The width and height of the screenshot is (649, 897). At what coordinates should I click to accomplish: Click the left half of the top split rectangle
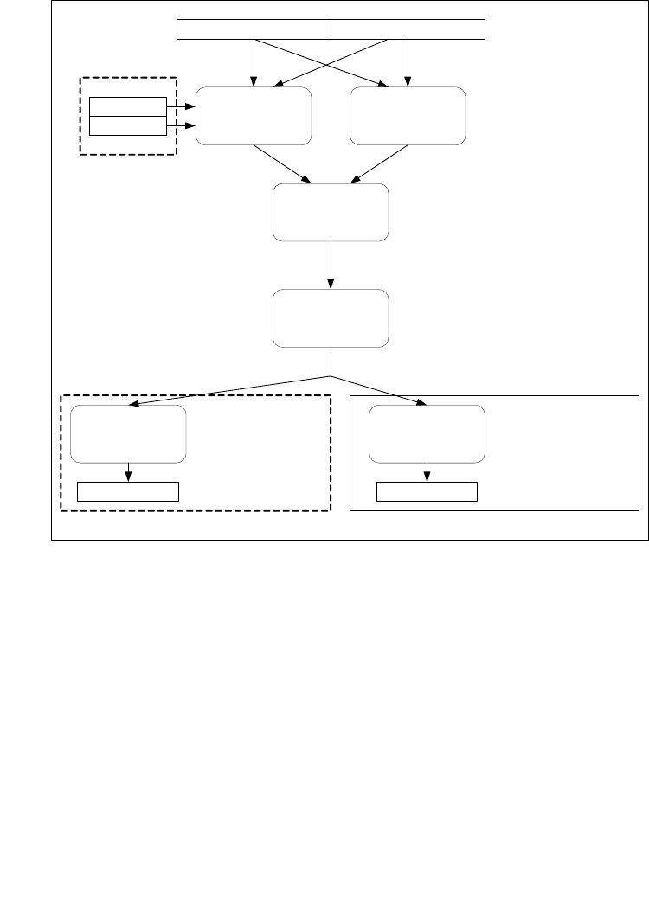(x=254, y=29)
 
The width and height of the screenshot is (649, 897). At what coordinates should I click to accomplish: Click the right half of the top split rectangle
(x=408, y=29)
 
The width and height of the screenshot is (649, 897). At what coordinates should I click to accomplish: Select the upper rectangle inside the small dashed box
(x=128, y=106)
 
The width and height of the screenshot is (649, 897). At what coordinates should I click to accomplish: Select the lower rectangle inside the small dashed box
(x=128, y=126)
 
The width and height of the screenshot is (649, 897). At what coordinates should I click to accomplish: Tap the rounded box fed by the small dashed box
(x=254, y=115)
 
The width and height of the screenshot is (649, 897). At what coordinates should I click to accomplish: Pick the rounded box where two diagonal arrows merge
(x=331, y=212)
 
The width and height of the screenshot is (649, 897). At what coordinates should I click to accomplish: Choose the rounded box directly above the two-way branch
(x=331, y=319)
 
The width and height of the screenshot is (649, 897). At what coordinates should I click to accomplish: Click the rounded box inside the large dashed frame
(x=128, y=432)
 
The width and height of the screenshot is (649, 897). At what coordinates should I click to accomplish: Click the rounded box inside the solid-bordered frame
(x=427, y=432)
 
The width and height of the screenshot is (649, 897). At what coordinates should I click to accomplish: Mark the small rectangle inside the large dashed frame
(x=128, y=492)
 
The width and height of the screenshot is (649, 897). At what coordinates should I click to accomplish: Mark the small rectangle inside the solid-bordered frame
(x=427, y=492)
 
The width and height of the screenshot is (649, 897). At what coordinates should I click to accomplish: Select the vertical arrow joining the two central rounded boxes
(x=331, y=266)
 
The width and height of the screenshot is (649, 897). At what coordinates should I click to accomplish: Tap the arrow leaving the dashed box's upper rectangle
(x=180, y=106)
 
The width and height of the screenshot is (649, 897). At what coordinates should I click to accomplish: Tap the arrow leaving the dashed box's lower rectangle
(x=180, y=126)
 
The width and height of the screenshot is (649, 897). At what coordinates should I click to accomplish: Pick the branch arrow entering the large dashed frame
(x=229, y=390)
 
